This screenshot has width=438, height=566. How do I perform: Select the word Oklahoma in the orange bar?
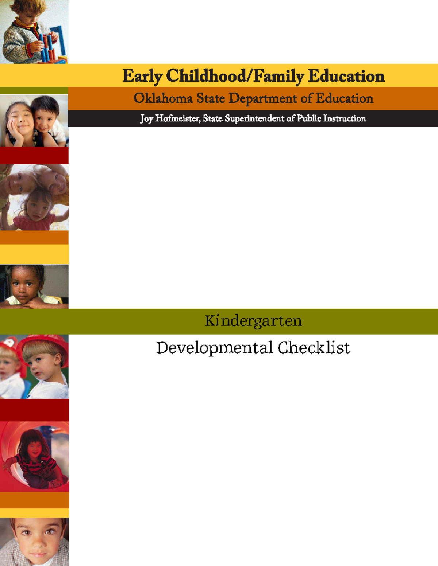tap(163, 98)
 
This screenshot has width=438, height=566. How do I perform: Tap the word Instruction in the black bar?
tap(345, 118)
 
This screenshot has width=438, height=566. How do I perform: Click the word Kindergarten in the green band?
tap(253, 321)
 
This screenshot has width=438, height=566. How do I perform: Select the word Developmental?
tap(215, 348)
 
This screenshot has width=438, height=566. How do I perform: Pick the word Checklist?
tap(314, 348)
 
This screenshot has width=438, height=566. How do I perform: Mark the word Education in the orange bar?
tap(344, 98)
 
